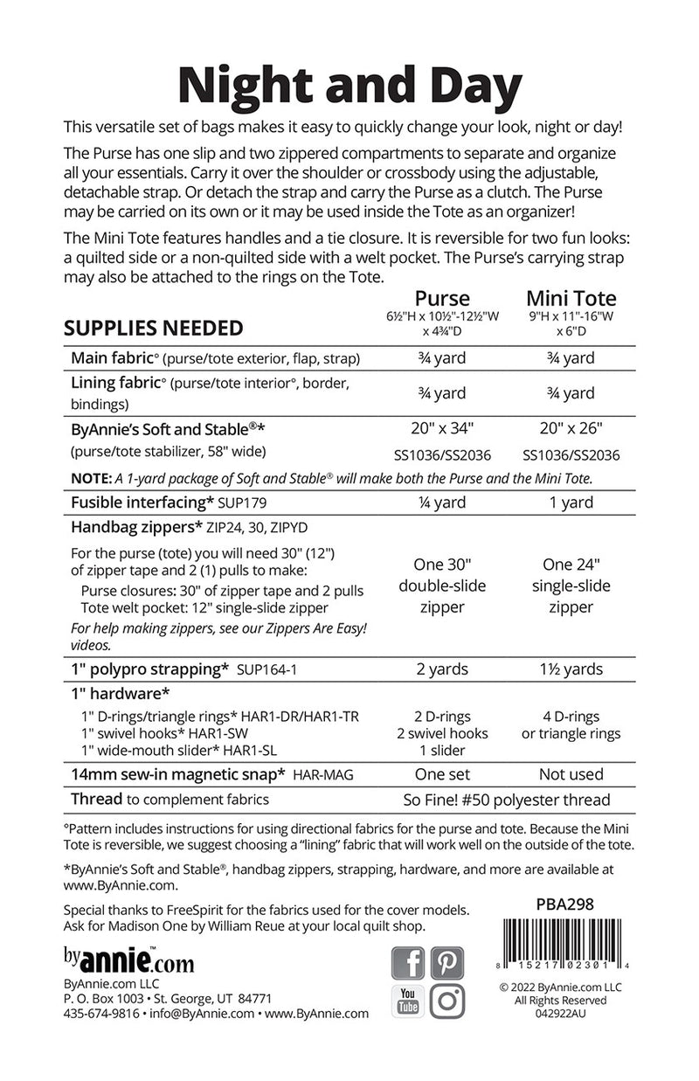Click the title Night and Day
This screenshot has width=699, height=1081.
(x=349, y=85)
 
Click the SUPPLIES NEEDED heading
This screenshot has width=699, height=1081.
(x=153, y=328)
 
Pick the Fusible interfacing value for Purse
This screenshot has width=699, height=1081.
(x=442, y=502)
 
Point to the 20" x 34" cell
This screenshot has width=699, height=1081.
(x=442, y=428)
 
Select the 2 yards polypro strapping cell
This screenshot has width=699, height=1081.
(x=442, y=669)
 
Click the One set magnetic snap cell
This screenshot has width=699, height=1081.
(x=442, y=773)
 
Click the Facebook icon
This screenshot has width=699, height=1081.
(x=409, y=963)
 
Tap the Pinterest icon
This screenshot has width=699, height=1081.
(x=446, y=963)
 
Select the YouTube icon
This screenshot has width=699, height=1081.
(x=409, y=1001)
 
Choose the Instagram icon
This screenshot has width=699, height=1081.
(x=446, y=1001)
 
